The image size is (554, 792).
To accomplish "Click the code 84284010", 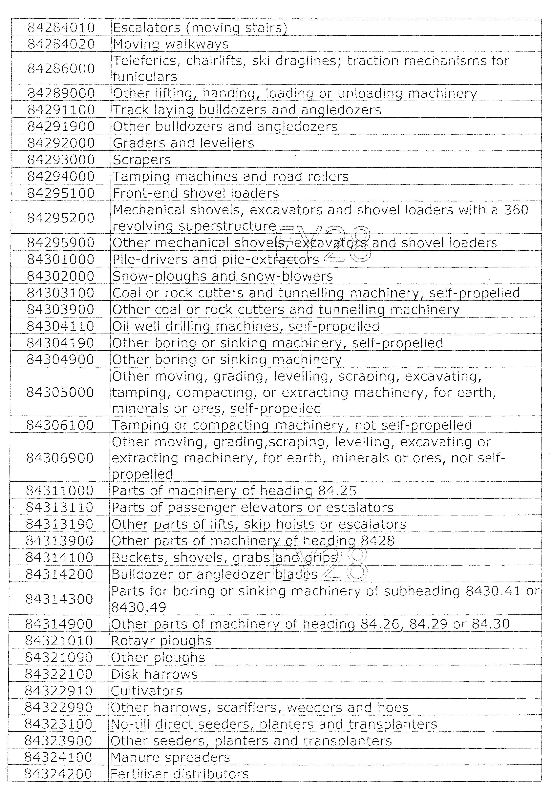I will coord(61,28).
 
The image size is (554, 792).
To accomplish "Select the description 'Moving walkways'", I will coord(171,44).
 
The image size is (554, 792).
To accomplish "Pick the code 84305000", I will coord(60,392).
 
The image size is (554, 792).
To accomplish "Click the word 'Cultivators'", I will coord(146,691).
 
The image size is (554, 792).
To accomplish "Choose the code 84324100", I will coord(58,758).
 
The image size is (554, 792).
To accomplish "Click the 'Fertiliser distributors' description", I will coord(179,774).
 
